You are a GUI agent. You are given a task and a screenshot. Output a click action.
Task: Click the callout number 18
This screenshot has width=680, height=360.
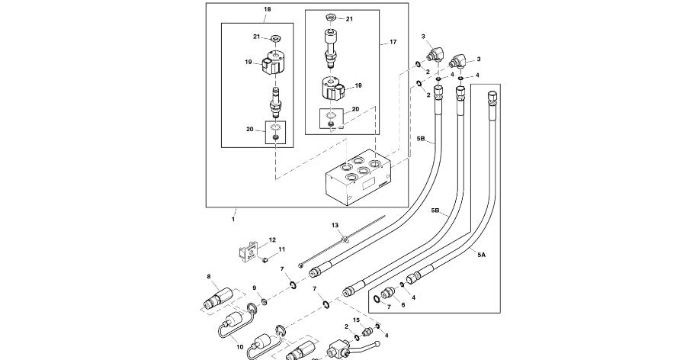(268, 9)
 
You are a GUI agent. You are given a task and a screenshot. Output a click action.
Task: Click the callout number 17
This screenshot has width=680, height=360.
(393, 42)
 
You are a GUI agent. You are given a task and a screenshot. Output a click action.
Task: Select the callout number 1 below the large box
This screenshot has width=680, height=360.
(233, 220)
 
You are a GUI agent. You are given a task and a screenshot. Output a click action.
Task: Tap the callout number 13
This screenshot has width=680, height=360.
(335, 226)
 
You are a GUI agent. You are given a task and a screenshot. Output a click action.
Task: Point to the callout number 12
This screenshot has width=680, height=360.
(272, 239)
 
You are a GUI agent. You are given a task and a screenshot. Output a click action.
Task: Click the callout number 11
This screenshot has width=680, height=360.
(282, 249)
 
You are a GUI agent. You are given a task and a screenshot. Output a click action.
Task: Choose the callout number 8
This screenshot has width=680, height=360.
(209, 276)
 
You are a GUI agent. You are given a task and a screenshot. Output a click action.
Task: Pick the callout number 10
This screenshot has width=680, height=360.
(240, 348)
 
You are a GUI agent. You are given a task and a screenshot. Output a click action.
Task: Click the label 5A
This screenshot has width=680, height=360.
(481, 256)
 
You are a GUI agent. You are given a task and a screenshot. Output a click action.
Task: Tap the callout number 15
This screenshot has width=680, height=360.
(357, 320)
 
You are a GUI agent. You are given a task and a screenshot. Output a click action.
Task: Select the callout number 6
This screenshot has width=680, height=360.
(403, 305)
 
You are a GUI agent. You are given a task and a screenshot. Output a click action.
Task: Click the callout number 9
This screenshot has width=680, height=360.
(255, 288)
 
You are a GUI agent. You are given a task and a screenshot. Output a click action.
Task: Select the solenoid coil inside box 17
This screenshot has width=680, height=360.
(332, 88)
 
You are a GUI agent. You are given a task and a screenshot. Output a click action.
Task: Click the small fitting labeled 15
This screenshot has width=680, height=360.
(367, 333)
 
